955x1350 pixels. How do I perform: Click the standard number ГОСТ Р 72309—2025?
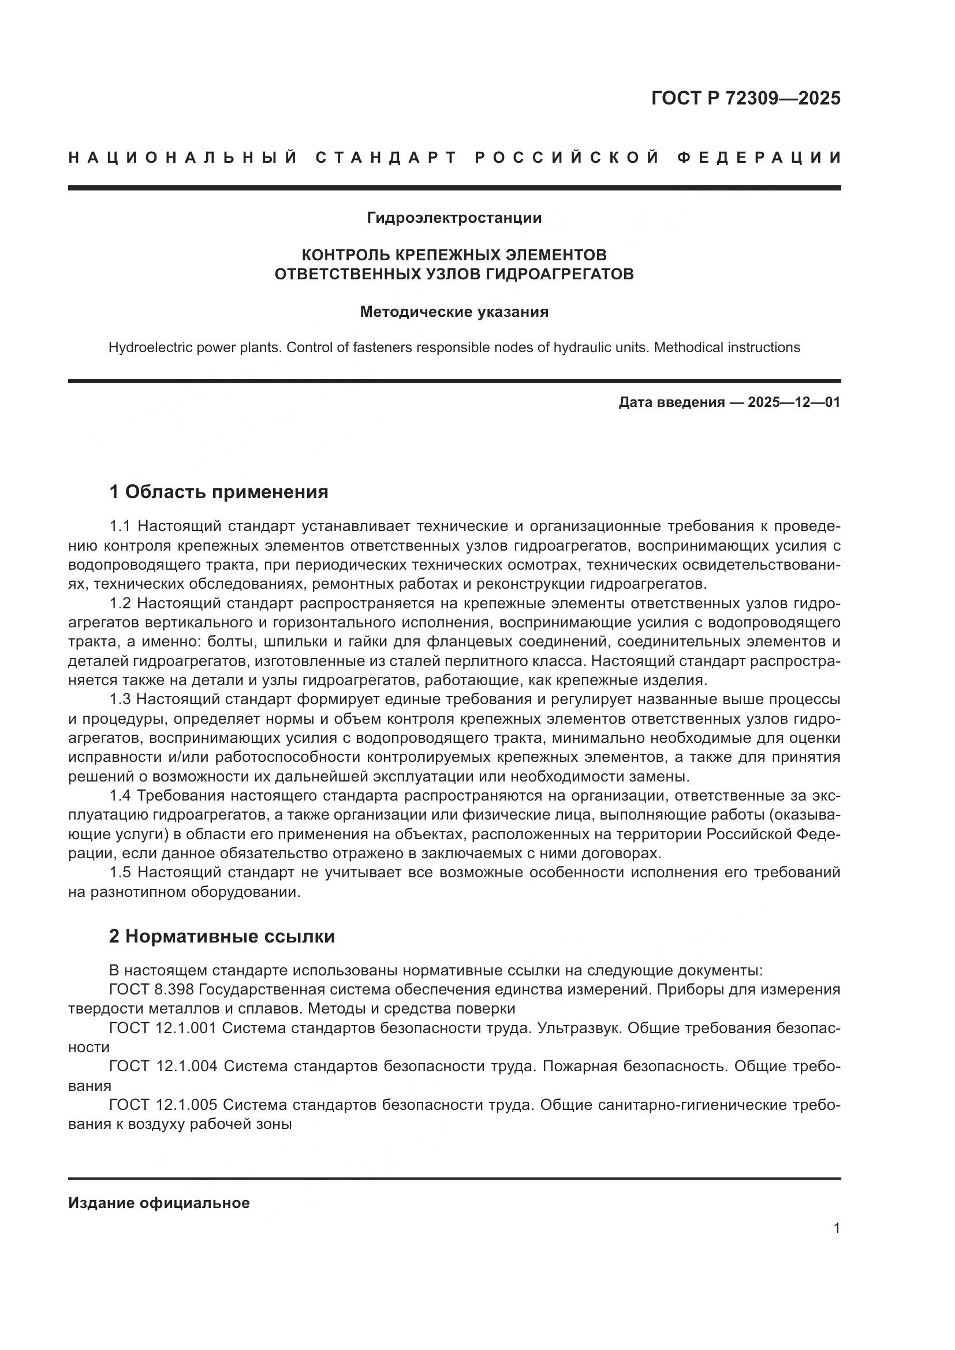[745, 98]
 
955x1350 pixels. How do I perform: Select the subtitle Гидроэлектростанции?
[454, 218]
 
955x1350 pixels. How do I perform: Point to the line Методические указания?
[454, 312]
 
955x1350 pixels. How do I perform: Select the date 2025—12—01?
[794, 403]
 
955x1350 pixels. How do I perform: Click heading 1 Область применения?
[219, 492]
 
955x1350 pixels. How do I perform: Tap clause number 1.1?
[120, 526]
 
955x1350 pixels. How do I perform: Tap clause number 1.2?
[120, 603]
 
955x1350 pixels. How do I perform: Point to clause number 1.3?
[120, 699]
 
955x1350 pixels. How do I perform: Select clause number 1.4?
[120, 795]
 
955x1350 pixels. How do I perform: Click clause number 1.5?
[120, 873]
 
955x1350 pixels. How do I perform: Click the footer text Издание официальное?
[159, 1203]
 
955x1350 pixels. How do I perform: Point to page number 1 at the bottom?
[836, 1228]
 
